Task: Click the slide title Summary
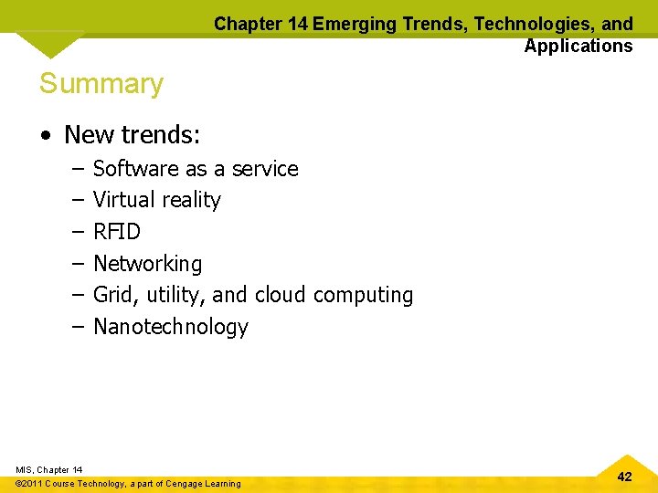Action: click(101, 84)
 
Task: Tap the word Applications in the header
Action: click(578, 46)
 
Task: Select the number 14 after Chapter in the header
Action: click(296, 25)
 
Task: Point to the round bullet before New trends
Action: click(45, 136)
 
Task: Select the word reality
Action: click(192, 201)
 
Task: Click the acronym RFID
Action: click(117, 232)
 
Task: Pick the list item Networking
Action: click(147, 264)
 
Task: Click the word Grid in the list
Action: click(113, 295)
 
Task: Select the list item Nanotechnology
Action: click(171, 327)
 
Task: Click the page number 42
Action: click(624, 477)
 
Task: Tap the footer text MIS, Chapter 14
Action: click(49, 469)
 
